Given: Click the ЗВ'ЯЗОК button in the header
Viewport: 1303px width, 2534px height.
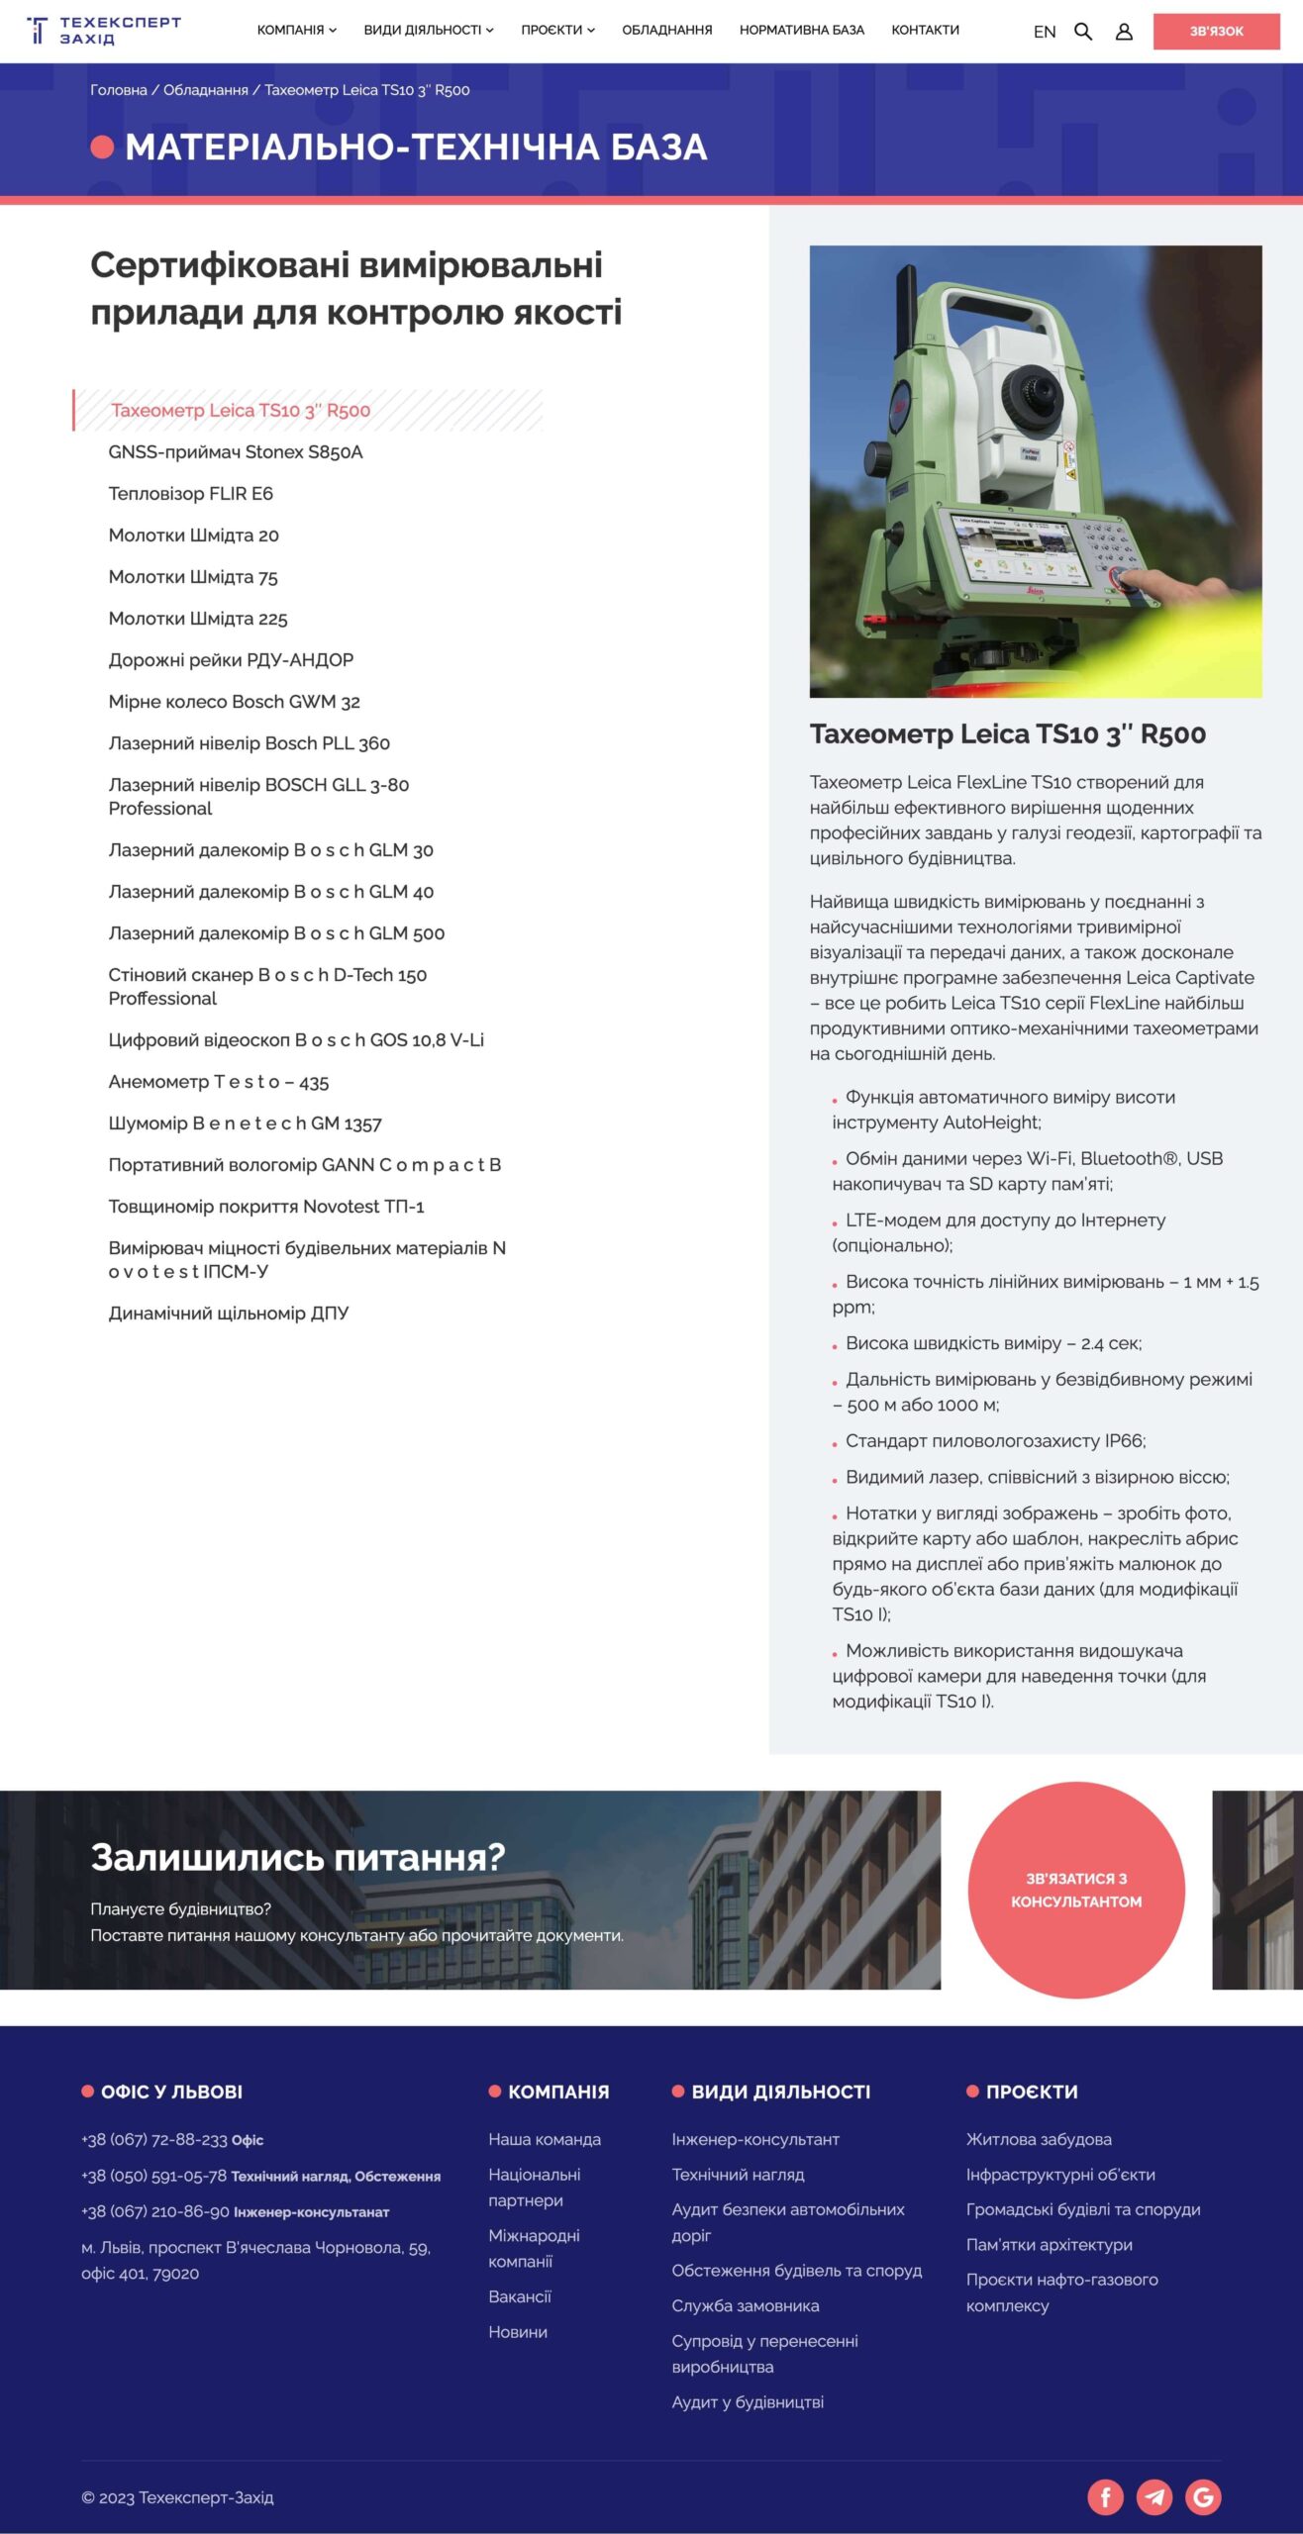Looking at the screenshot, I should tap(1216, 32).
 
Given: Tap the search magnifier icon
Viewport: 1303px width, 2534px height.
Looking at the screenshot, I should tap(1083, 32).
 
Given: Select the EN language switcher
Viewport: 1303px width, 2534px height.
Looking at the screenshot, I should tap(1045, 32).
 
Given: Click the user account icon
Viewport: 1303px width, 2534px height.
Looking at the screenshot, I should tap(1124, 32).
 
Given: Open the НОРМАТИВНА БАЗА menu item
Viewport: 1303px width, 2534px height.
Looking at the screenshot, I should tap(801, 30).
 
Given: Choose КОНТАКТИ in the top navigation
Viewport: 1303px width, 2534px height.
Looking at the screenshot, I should tap(925, 30).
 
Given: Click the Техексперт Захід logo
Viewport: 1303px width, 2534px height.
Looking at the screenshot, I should tap(104, 31).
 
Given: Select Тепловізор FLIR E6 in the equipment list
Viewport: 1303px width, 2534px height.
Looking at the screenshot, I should tap(190, 493).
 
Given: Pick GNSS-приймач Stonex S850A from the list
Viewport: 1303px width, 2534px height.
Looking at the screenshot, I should tap(236, 451).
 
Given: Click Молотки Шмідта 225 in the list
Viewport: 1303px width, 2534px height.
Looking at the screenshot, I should tap(198, 618).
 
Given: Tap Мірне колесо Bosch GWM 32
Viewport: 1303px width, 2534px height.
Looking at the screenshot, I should tap(234, 701).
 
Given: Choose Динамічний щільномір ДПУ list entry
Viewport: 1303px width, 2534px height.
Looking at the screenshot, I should tap(229, 1313).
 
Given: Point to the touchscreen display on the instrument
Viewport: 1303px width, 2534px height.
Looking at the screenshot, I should tap(1016, 550).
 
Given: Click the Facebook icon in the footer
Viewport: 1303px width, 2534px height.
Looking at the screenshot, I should tap(1105, 2496).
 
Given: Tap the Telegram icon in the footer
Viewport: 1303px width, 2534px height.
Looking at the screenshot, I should tap(1153, 2496).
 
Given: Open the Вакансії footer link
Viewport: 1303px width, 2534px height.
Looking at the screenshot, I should tap(520, 2296).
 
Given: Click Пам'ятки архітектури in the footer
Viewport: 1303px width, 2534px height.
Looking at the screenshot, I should tap(1049, 2244).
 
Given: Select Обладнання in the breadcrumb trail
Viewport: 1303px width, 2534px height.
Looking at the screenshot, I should tap(205, 90).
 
